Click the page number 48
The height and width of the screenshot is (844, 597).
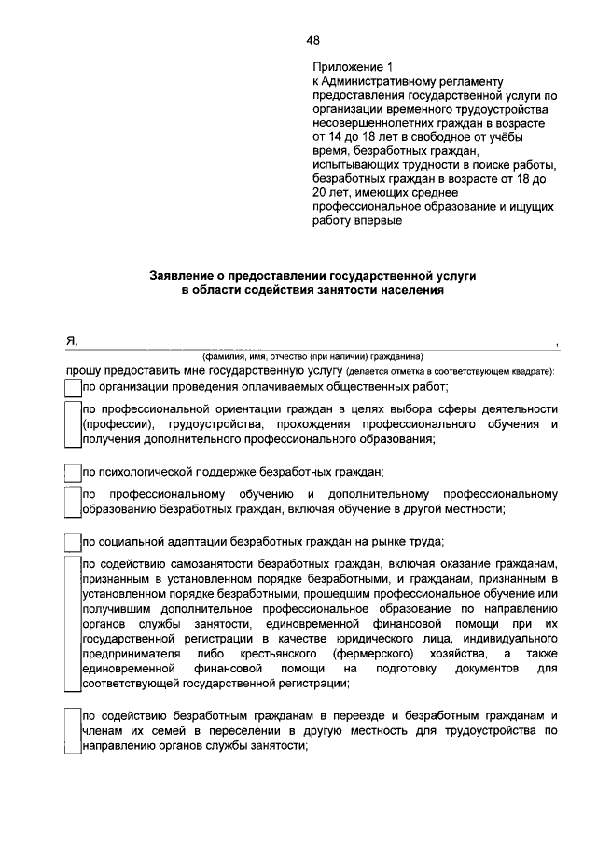coord(312,39)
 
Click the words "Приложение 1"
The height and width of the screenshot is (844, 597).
coord(348,68)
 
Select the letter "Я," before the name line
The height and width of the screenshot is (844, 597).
coord(70,341)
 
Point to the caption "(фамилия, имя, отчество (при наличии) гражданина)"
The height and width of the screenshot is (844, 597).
coord(313,355)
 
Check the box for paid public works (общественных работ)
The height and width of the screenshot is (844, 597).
coord(72,386)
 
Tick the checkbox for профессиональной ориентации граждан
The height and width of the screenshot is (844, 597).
coord(72,424)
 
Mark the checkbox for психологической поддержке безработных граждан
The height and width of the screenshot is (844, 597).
coord(72,472)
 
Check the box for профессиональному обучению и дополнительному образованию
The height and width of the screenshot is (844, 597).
coord(72,501)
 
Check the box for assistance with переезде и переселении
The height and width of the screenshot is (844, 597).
coord(72,731)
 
